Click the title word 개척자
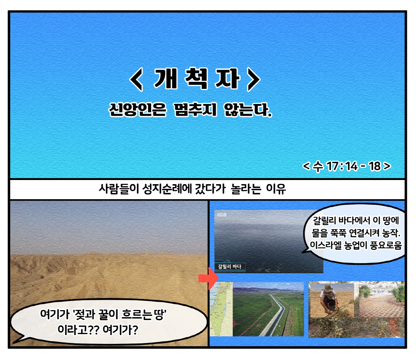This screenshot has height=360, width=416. click(x=197, y=79)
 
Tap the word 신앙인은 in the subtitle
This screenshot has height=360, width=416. click(x=138, y=110)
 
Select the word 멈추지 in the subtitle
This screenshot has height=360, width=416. click(x=195, y=110)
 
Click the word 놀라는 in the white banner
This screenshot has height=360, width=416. click(x=246, y=189)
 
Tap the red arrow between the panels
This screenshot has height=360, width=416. click(x=209, y=278)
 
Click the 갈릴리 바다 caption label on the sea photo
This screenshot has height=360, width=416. click(x=230, y=266)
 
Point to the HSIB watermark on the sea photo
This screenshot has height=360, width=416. click(x=222, y=215)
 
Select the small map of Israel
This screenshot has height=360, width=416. click(x=221, y=309)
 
